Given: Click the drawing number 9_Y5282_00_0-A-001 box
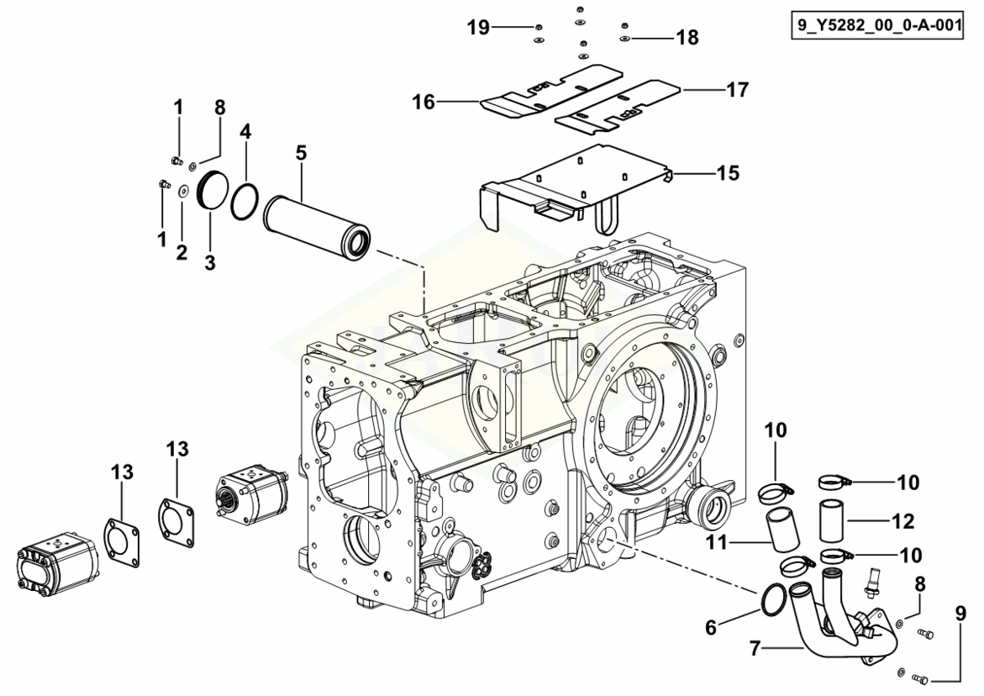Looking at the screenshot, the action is click(876, 26).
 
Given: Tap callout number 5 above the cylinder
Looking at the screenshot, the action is click(302, 152).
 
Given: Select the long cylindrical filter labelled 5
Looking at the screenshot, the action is click(317, 224).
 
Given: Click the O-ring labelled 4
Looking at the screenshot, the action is click(244, 202).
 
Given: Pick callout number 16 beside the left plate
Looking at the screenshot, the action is click(424, 102).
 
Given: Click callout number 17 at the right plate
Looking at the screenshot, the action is click(738, 90).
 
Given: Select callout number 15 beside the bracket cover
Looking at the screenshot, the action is click(728, 172).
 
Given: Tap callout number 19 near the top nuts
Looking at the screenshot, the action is click(478, 28).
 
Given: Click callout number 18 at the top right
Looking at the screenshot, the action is click(687, 38).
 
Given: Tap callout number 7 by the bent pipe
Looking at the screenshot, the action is click(755, 648).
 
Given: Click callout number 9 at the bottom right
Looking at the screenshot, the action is click(960, 613).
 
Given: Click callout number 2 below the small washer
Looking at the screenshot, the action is click(182, 252).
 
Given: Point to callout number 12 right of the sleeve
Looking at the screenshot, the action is click(903, 521).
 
